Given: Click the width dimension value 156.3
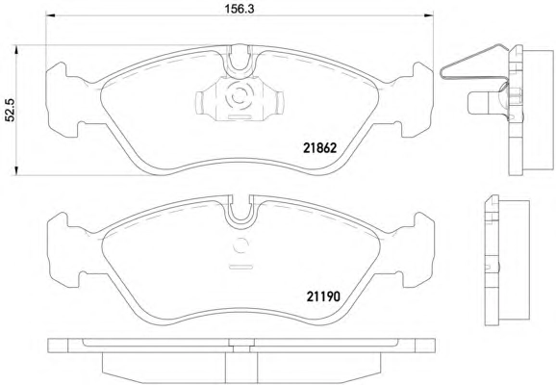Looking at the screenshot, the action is point(240,9).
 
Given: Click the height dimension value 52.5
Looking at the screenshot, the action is point(10,110).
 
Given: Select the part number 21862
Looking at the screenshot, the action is point(319,148).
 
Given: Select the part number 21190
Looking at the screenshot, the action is point(323,296).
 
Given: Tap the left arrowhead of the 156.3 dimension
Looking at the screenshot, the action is point(50,15).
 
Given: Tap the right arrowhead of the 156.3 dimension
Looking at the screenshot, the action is point(429,15).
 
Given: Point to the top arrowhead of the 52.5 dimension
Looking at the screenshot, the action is point(15,50).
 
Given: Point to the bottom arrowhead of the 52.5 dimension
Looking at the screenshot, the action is point(15,170).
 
